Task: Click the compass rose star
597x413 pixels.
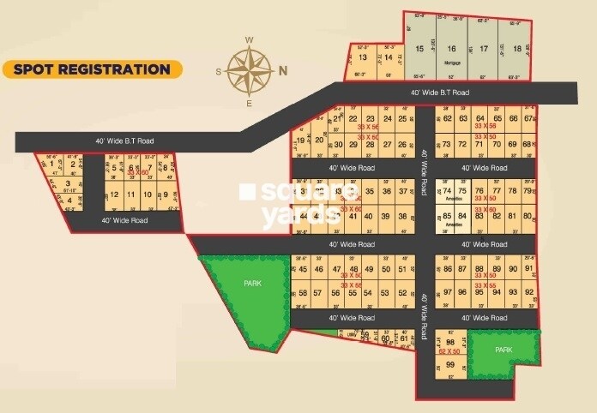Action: click(x=250, y=70)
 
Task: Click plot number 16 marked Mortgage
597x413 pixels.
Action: click(x=451, y=50)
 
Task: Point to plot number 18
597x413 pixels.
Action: click(x=516, y=49)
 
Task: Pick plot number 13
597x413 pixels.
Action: click(x=363, y=57)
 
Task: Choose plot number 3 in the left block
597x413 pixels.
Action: click(x=67, y=183)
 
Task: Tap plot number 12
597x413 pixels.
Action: click(x=114, y=195)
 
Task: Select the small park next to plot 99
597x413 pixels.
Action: click(x=504, y=350)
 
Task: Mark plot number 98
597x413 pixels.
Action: click(x=449, y=342)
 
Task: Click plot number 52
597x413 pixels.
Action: click(x=402, y=292)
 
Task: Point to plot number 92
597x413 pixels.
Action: click(x=529, y=292)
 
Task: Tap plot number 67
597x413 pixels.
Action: click(x=528, y=118)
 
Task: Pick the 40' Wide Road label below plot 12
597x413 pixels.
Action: click(x=124, y=220)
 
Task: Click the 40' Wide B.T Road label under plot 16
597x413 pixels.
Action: click(x=439, y=93)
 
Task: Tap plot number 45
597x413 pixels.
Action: click(x=301, y=269)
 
